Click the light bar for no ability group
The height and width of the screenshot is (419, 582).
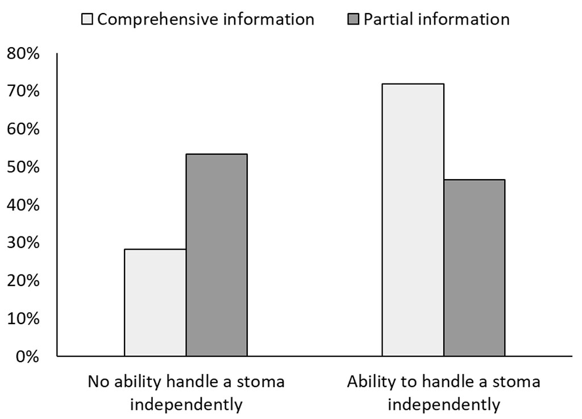pos(155,302)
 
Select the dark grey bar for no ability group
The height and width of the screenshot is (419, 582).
pos(217,255)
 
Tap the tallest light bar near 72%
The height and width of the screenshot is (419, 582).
pos(413,220)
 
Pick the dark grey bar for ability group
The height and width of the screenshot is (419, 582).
pos(474,268)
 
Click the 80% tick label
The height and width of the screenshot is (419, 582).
pos(23,54)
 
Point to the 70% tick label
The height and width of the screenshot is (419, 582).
pos(23,92)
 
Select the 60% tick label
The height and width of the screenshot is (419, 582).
pos(23,130)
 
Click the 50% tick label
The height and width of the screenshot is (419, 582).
pos(23,167)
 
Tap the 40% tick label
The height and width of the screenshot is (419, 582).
pos(23,205)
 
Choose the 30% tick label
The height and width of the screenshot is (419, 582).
pos(23,243)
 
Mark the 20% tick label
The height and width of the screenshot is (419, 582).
pos(23,281)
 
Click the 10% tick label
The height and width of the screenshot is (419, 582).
pos(23,319)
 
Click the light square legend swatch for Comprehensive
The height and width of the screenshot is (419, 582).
pos(88,20)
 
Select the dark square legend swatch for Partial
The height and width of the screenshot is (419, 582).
pos(353,20)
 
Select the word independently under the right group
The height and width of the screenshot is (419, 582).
pos(443,405)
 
